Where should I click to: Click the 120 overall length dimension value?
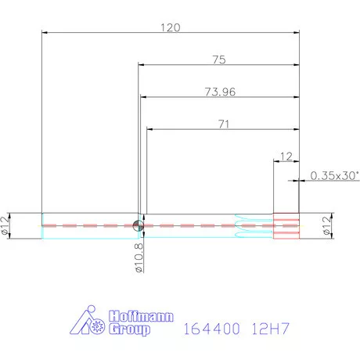pyautogui.click(x=171, y=27)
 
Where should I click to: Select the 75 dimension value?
pyautogui.click(x=219, y=59)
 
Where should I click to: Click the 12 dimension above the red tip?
pyautogui.click(x=285, y=155)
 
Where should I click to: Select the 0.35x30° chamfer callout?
pyautogui.click(x=334, y=175)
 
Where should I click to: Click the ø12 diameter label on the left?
pyautogui.click(x=7, y=225)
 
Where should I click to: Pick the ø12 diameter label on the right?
pyautogui.click(x=326, y=225)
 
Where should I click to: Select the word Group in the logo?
pyautogui.click(x=129, y=330)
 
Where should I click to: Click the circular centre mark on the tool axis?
pyautogui.click(x=139, y=225)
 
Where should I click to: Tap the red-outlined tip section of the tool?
pyautogui.click(x=286, y=225)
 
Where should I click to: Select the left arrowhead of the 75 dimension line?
pyautogui.click(x=142, y=65)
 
